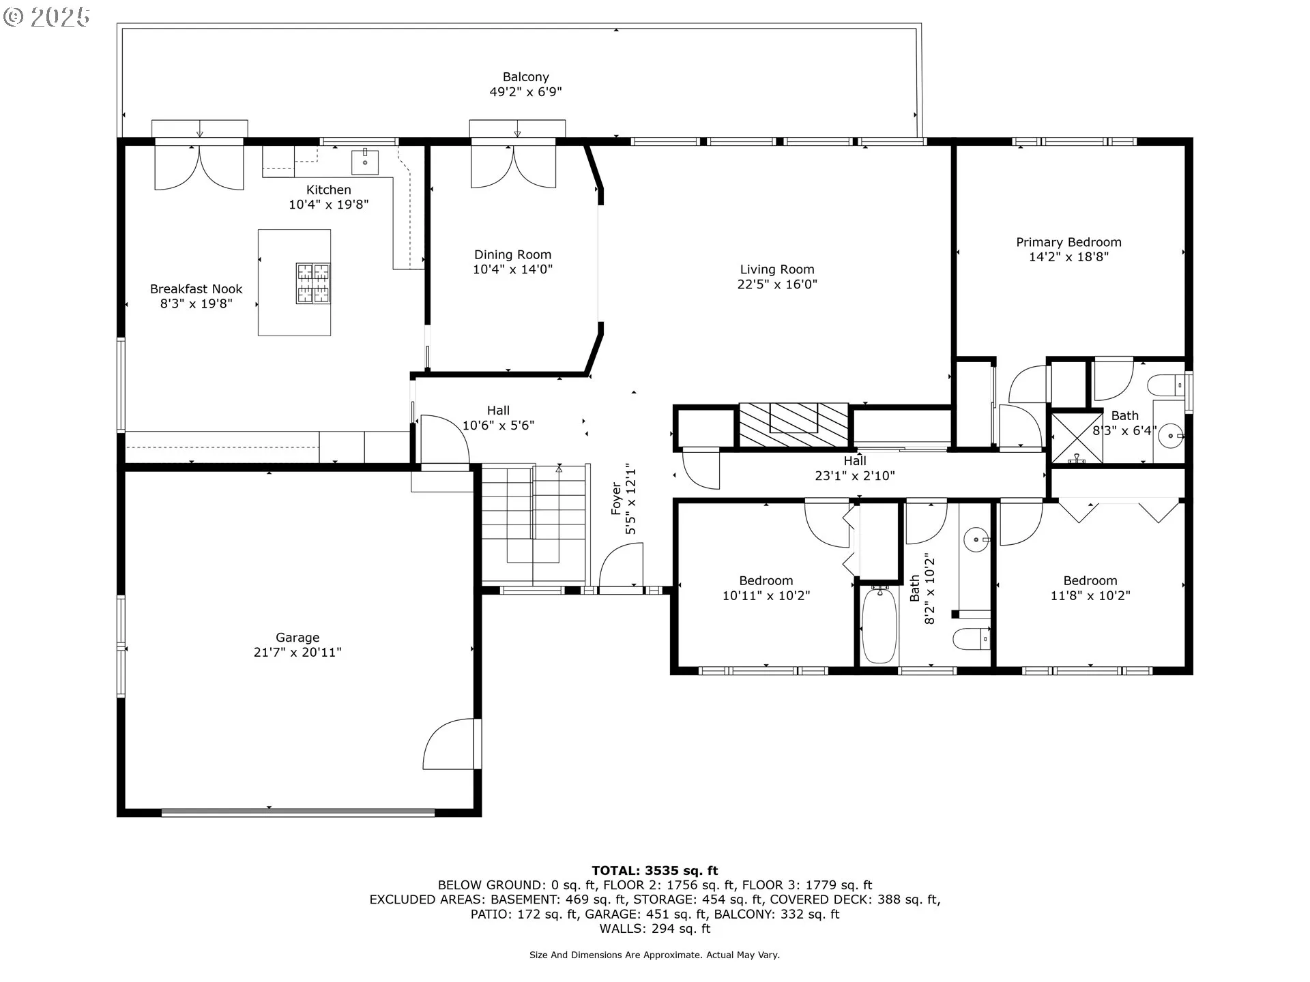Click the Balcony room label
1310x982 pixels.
pyautogui.click(x=525, y=77)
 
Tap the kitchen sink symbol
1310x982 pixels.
pyautogui.click(x=365, y=162)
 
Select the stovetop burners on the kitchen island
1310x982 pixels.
pyautogui.click(x=313, y=283)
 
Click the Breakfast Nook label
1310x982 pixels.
pyautogui.click(x=196, y=289)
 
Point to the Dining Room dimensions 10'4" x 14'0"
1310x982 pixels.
pyautogui.click(x=512, y=269)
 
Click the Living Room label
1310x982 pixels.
pyautogui.click(x=777, y=269)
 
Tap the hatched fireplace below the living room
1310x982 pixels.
pyautogui.click(x=794, y=425)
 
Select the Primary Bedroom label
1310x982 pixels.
pyautogui.click(x=1068, y=242)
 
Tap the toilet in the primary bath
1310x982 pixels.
pyautogui.click(x=1169, y=386)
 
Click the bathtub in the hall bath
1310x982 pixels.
pyautogui.click(x=878, y=625)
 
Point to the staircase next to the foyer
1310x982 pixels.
pyautogui.click(x=534, y=524)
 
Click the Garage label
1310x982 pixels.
pyautogui.click(x=297, y=638)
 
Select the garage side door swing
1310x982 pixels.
pyautogui.click(x=450, y=744)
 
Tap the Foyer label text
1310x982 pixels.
pyautogui.click(x=616, y=499)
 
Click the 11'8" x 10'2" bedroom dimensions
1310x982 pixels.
pyautogui.click(x=1090, y=595)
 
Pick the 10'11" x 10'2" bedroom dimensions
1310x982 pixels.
pyautogui.click(x=766, y=595)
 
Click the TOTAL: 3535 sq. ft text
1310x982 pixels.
pyautogui.click(x=655, y=870)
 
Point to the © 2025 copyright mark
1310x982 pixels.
pyautogui.click(x=46, y=17)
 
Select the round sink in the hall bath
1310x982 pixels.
pyautogui.click(x=976, y=540)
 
